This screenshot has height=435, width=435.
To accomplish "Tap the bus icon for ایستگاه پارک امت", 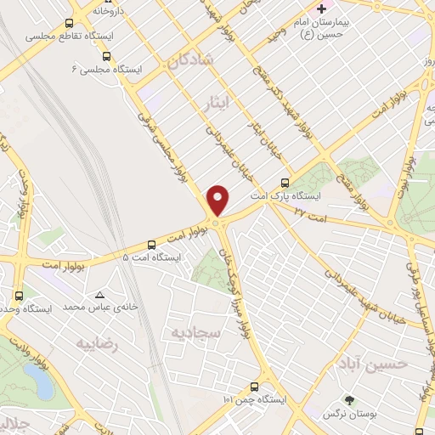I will (x=284, y=183).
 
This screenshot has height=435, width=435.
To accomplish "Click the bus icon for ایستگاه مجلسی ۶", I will (x=105, y=55).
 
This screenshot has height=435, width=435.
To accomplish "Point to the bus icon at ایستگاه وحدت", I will (x=19, y=296).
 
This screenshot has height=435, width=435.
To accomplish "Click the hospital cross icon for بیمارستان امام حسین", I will (x=321, y=8).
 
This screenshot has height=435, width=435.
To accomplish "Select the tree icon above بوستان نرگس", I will (x=350, y=400).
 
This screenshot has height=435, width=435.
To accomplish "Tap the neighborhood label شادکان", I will (x=189, y=60).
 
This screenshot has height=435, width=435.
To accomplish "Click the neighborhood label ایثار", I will (x=219, y=103).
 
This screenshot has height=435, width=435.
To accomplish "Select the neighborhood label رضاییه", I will (x=95, y=344).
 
